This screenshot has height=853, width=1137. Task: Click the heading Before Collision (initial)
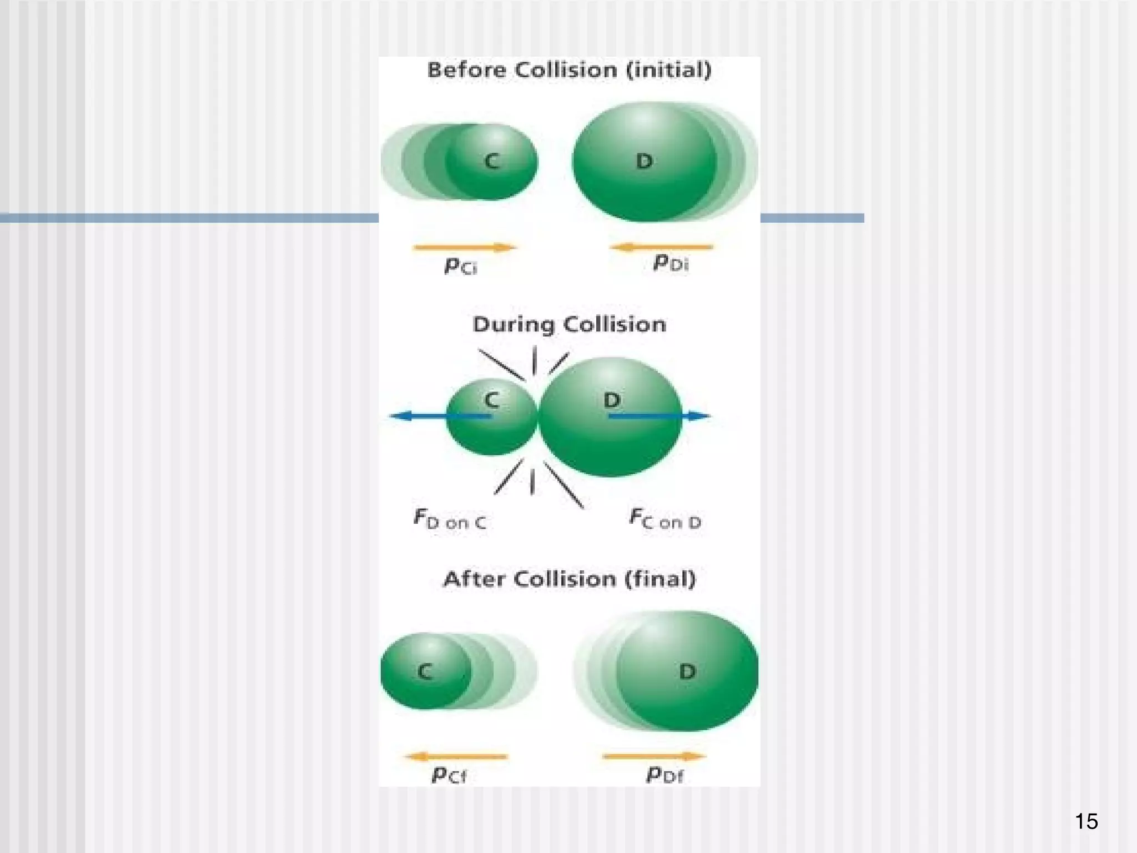(x=569, y=71)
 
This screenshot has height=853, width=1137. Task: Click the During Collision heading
(x=569, y=324)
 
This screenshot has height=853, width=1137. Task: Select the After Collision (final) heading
(x=569, y=579)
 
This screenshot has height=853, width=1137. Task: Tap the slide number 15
(x=1086, y=821)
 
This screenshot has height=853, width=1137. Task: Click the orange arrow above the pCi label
(x=465, y=247)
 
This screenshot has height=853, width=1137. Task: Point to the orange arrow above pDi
(x=661, y=247)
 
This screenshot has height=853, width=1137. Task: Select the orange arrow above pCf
(x=456, y=756)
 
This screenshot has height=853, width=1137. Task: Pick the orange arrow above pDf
(x=654, y=756)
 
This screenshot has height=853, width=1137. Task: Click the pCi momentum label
(x=461, y=267)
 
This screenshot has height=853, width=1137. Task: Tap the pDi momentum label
(x=671, y=263)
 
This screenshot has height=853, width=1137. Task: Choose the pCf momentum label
(x=449, y=774)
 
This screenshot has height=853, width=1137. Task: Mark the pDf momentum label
(x=665, y=774)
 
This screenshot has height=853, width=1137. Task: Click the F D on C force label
(x=450, y=520)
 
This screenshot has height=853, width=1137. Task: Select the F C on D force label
(x=665, y=519)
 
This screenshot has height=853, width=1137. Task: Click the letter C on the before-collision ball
(x=492, y=161)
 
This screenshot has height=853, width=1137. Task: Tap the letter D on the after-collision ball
(x=687, y=672)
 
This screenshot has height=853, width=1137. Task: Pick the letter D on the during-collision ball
(x=611, y=400)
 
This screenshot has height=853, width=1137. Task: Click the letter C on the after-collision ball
(x=425, y=672)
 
